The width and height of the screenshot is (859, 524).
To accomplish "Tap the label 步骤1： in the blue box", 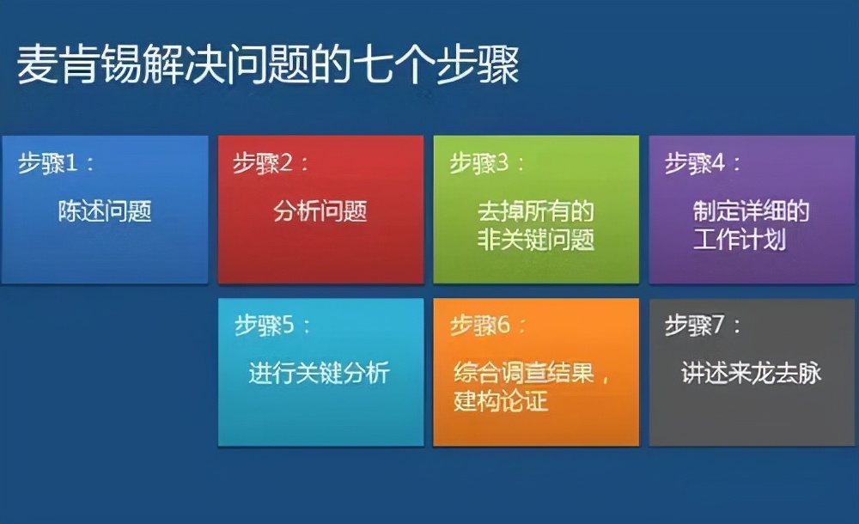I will tap(57, 163).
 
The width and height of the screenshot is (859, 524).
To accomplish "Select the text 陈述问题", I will tap(105, 211).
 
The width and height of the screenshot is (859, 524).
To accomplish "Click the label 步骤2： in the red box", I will tap(271, 163).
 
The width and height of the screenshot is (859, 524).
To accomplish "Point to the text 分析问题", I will tap(320, 211).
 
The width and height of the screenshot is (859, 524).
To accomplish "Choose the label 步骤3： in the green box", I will tap(487, 163).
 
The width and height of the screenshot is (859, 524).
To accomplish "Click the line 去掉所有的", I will tap(536, 211).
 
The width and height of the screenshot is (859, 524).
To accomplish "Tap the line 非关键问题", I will tap(536, 240).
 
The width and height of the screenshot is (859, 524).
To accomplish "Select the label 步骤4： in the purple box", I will tap(704, 163).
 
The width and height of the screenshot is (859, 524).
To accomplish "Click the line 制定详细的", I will tap(752, 211).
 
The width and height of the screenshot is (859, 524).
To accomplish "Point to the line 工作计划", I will tap(739, 240).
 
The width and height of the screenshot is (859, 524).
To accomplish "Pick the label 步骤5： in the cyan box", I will tap(272, 326).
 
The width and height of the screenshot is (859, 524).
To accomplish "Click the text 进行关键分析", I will tap(320, 373).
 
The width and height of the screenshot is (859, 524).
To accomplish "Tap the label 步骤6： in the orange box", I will tap(489, 326).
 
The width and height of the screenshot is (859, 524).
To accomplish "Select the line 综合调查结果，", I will tap(533, 374).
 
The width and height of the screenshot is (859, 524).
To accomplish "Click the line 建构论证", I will tap(501, 400).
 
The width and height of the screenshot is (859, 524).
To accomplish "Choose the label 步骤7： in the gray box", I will tap(704, 326).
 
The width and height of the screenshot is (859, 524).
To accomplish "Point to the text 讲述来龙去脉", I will tap(752, 373).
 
